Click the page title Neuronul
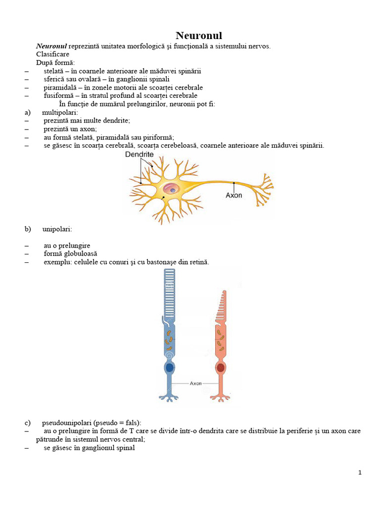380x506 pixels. point(199,36)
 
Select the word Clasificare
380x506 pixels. point(53,54)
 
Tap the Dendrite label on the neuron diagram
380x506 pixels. point(139,155)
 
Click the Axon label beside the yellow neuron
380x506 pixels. point(234,195)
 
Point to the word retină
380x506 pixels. point(198,262)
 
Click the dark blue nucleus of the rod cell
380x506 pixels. point(170,368)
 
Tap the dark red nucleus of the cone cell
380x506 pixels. point(221,368)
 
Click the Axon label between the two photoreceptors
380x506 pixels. point(195,383)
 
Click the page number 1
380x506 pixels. point(360,472)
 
